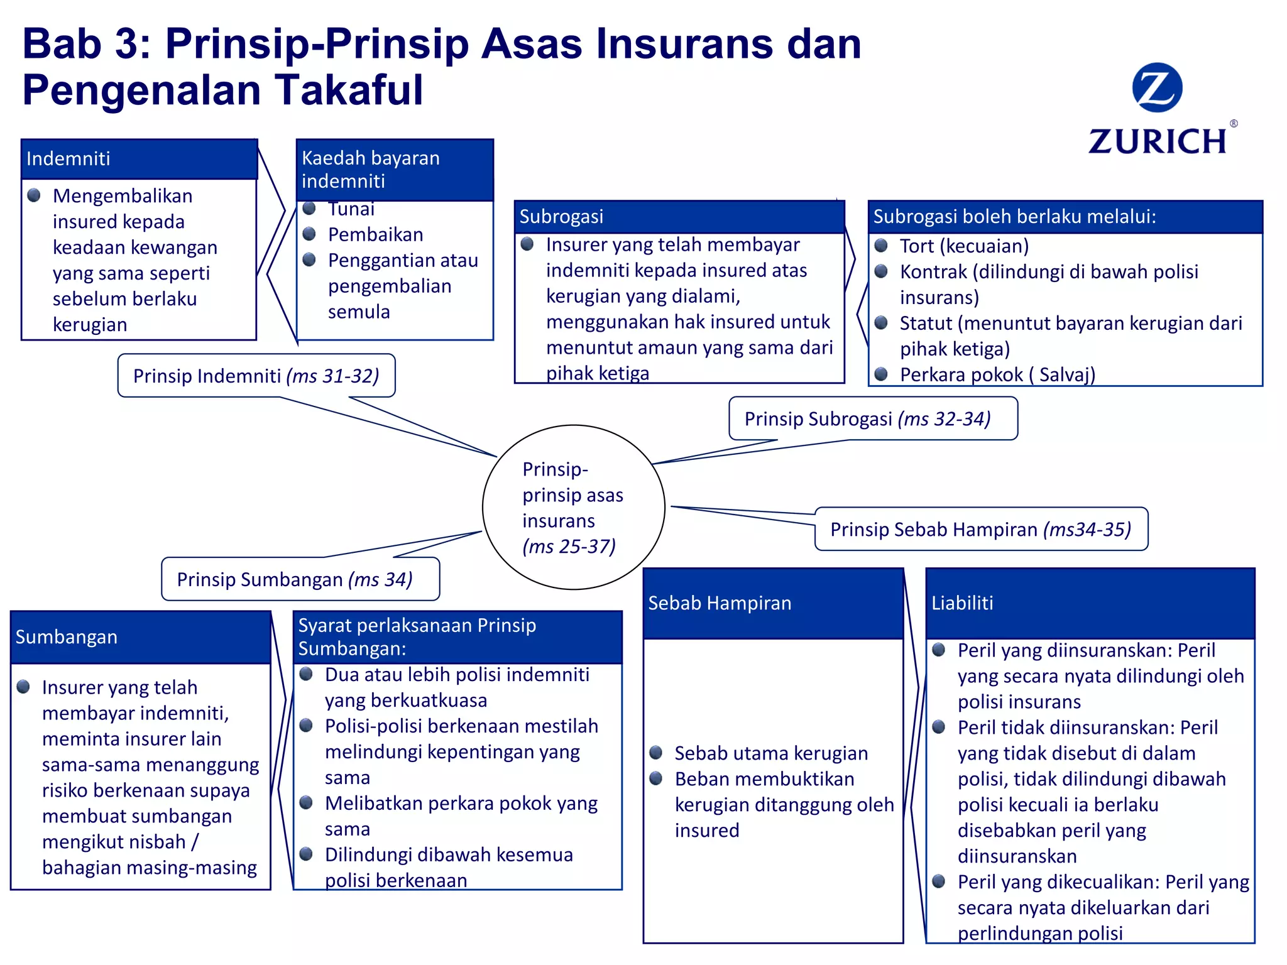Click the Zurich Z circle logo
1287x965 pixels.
(x=1156, y=87)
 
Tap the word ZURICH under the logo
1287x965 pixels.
(x=1158, y=141)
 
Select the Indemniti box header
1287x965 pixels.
(x=139, y=158)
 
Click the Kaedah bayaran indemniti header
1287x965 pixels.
(x=395, y=170)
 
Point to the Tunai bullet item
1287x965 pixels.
(x=351, y=209)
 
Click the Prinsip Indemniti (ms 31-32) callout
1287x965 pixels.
(x=256, y=376)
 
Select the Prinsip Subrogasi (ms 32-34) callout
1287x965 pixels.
(x=872, y=419)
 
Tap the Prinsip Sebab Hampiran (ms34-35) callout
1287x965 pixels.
(x=980, y=530)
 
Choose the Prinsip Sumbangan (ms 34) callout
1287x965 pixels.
(x=300, y=579)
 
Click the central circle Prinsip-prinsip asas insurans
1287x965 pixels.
(x=572, y=508)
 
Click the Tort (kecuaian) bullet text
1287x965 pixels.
(x=964, y=246)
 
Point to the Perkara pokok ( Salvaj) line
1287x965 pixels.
(x=997, y=375)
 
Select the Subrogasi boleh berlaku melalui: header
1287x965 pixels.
(x=1065, y=217)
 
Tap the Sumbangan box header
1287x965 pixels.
(x=141, y=637)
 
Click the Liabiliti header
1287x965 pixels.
(x=1090, y=603)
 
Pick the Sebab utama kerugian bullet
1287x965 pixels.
(x=770, y=753)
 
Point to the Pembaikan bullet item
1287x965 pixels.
(x=375, y=235)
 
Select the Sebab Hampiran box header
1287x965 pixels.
(x=772, y=603)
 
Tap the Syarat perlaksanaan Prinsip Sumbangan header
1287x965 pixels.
(x=457, y=637)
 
